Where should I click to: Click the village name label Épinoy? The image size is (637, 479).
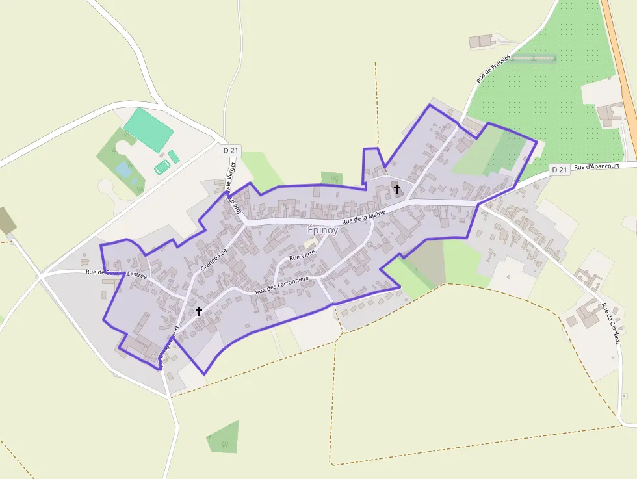[321, 230]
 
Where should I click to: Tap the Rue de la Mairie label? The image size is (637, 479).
[363, 216]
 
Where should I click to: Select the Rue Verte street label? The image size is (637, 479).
[302, 257]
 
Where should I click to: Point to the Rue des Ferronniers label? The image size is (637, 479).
[281, 286]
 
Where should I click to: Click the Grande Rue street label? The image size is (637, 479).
[214, 259]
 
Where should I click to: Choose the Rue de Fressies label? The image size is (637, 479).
[494, 67]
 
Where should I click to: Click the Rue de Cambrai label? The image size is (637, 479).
[611, 323]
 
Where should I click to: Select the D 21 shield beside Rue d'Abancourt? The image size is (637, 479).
[559, 170]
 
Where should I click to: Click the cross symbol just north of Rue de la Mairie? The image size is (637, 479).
[396, 188]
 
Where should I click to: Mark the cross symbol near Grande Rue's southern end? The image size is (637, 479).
[199, 311]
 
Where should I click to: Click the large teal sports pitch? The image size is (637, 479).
[149, 130]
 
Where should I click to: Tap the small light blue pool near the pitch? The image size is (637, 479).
[123, 170]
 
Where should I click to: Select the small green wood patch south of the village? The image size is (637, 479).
[223, 437]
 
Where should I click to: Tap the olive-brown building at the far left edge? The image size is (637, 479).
[7, 221]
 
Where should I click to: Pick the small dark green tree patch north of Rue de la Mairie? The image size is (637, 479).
[331, 178]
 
